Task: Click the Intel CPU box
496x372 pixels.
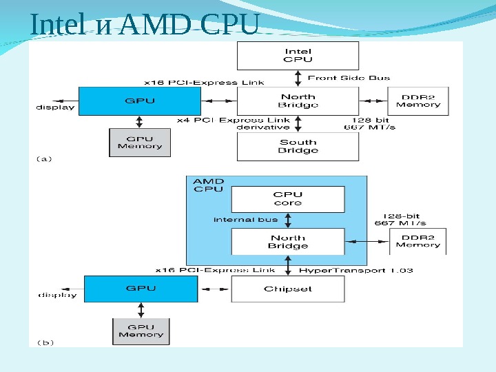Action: [x=298, y=55]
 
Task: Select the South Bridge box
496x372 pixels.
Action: [x=298, y=146]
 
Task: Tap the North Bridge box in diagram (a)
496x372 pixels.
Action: [x=298, y=101]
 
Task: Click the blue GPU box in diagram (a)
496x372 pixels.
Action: [x=140, y=101]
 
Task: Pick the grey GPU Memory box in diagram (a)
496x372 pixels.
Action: [x=140, y=142]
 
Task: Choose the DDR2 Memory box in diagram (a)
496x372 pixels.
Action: [x=417, y=101]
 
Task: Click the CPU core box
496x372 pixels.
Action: [x=287, y=198]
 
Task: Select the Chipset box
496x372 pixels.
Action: [x=287, y=289]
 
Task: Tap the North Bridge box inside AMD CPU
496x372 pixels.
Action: [x=287, y=242]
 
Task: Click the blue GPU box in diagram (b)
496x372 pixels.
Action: [x=141, y=289]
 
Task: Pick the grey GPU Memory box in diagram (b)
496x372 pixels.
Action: [x=141, y=331]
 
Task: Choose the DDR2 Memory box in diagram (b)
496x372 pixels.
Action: [x=417, y=240]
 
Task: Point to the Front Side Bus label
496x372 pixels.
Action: [x=349, y=78]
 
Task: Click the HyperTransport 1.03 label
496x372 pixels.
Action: [x=356, y=270]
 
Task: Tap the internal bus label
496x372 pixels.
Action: [x=245, y=220]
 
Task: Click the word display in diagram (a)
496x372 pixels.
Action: [x=55, y=107]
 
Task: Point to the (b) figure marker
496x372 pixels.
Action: [x=45, y=342]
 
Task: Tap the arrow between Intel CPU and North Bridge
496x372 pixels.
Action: [x=298, y=78]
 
